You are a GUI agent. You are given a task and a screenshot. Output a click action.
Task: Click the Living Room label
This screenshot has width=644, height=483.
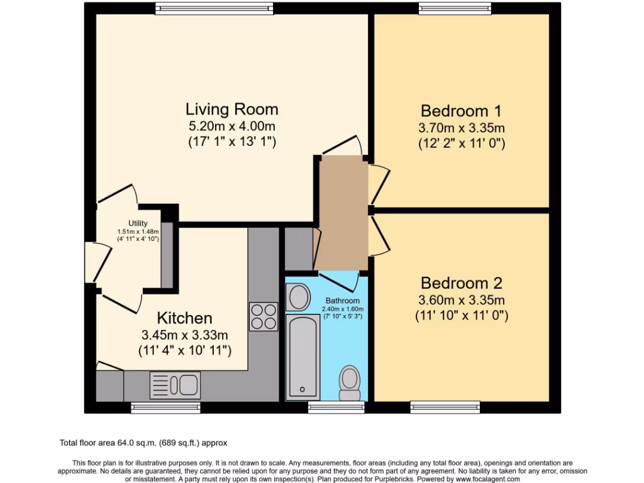click(x=232, y=109)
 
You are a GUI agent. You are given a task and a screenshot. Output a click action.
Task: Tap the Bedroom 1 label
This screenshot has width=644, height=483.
click(x=461, y=111)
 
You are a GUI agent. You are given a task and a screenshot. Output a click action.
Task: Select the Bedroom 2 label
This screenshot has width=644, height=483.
click(x=461, y=283)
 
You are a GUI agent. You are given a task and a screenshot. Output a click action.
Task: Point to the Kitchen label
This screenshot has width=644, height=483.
click(x=184, y=318)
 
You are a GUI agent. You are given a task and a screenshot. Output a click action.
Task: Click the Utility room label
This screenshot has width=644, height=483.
click(x=138, y=223)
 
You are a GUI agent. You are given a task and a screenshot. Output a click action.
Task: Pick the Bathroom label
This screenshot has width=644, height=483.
click(x=343, y=301)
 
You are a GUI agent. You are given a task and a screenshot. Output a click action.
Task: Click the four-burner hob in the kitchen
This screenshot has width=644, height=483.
click(x=264, y=316)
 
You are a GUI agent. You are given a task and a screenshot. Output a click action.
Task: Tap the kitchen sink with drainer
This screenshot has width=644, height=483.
click(x=175, y=385)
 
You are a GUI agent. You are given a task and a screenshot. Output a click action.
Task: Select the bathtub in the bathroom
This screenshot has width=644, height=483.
click(x=303, y=357)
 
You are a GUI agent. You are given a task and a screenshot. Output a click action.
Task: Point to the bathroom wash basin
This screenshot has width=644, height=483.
click(x=297, y=297)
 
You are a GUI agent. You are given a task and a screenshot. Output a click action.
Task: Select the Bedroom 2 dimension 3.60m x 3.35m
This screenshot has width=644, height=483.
click(x=461, y=300)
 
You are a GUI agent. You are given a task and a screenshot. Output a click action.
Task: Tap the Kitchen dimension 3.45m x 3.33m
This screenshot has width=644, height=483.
click(x=184, y=335)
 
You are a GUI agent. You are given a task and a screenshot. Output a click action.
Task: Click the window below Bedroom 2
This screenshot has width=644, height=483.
click(x=445, y=408)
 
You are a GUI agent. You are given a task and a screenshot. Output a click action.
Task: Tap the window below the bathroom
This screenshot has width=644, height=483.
click(x=336, y=408)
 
